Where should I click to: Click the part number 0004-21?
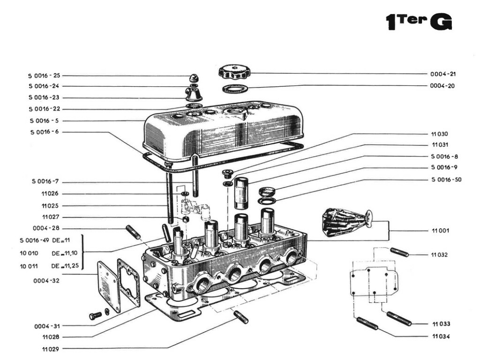click(x=442, y=74)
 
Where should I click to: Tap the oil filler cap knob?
click(x=234, y=72)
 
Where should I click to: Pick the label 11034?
click(x=441, y=337)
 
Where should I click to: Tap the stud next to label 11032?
click(x=399, y=252)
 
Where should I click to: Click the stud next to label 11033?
click(x=399, y=318)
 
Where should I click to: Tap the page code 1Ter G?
click(x=418, y=22)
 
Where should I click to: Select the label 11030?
click(x=439, y=134)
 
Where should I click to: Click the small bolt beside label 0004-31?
click(x=95, y=315)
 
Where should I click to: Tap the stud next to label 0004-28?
click(x=133, y=232)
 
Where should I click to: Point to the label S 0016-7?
click(x=45, y=181)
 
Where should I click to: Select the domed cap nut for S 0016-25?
click(x=193, y=78)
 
